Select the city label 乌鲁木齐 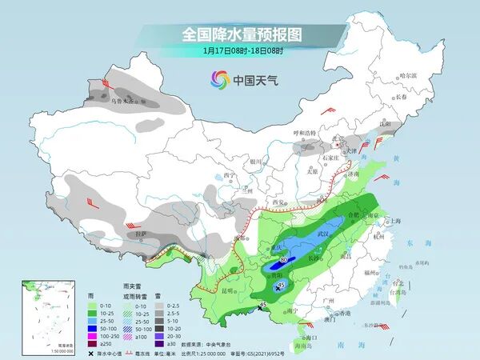click(x=124, y=101)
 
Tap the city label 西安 click(x=279, y=202)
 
